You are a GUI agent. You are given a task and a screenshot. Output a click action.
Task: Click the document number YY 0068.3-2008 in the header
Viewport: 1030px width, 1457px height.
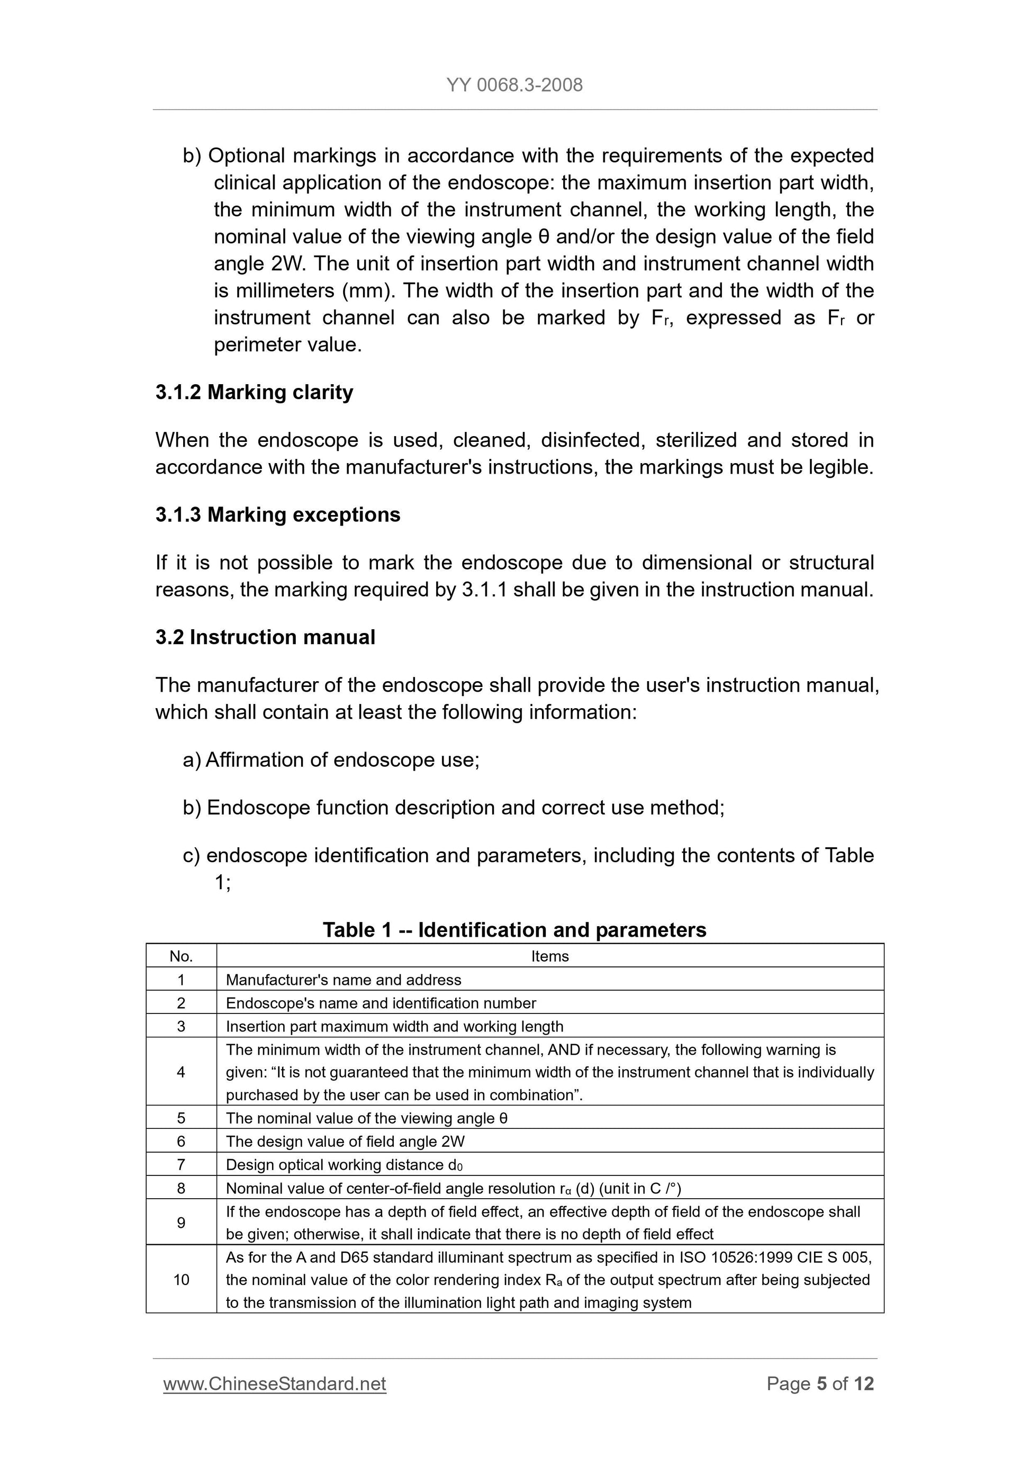click(x=514, y=85)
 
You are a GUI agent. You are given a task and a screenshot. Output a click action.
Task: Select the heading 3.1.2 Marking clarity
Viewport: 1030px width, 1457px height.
click(x=254, y=392)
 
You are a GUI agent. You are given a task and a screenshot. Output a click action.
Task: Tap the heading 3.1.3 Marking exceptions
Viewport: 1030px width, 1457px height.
click(x=277, y=514)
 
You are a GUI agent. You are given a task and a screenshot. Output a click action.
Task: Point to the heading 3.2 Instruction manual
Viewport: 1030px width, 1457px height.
click(x=265, y=637)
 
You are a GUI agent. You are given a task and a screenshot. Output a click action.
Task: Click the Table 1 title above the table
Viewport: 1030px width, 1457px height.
click(x=514, y=930)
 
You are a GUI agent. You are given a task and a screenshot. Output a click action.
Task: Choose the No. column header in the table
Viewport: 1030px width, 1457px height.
click(x=181, y=956)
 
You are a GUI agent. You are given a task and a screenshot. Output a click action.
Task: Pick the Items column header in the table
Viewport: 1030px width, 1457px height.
click(x=549, y=956)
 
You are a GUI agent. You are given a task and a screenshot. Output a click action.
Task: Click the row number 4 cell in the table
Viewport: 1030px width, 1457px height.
click(x=181, y=1072)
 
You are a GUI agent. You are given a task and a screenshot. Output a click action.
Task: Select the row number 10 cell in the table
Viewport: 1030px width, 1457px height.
click(x=181, y=1280)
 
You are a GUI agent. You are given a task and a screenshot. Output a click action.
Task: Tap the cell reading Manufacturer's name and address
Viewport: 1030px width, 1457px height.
click(x=344, y=980)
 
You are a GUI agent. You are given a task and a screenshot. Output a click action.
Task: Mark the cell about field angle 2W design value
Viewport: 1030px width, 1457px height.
click(x=345, y=1142)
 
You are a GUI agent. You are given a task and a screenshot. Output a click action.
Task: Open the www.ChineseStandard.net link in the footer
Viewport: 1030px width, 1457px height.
click(x=274, y=1383)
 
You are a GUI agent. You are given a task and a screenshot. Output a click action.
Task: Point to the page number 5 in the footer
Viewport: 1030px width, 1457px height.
click(x=822, y=1383)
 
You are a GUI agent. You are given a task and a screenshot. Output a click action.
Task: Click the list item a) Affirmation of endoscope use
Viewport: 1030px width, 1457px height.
click(x=331, y=759)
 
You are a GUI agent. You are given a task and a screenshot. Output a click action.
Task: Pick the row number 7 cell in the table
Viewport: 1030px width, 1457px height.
click(x=181, y=1165)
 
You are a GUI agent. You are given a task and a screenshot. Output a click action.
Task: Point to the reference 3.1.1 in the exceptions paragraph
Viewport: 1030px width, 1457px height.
click(x=484, y=590)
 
